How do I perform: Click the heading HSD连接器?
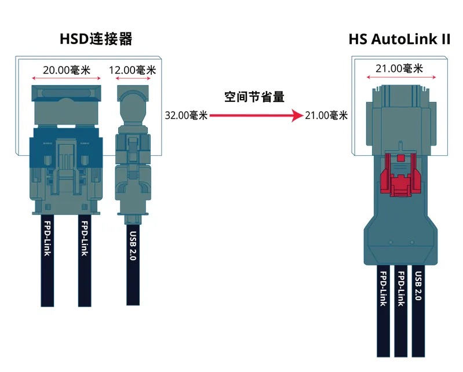pyautogui.click(x=96, y=39)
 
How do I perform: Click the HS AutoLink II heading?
pyautogui.click(x=399, y=39)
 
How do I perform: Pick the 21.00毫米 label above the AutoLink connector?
pyautogui.click(x=399, y=68)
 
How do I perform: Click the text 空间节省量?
pyautogui.click(x=255, y=97)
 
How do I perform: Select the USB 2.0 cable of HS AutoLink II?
pyautogui.click(x=418, y=307)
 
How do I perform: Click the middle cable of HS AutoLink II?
pyautogui.click(x=400, y=307)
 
